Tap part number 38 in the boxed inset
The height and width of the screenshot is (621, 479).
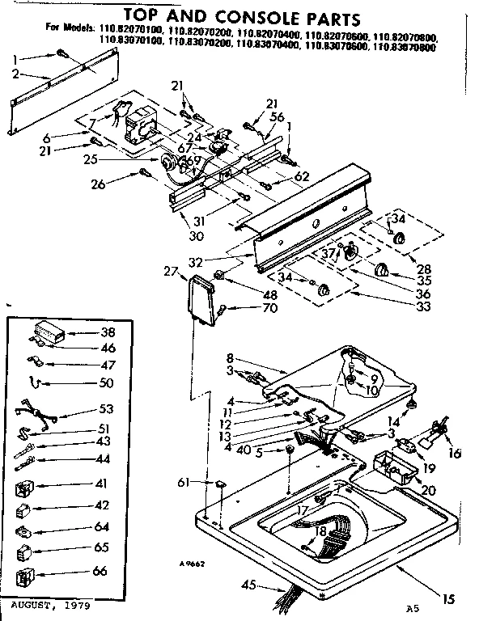point(107,332)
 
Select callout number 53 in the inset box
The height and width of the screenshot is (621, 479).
point(107,409)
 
